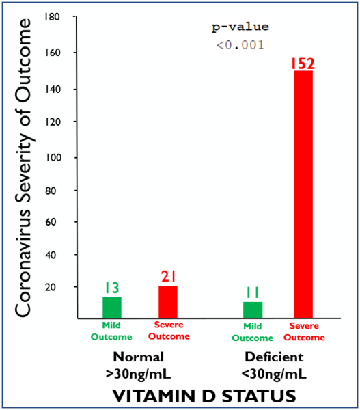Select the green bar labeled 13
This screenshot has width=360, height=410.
(x=111, y=307)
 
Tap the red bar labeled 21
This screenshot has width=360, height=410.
(x=168, y=301)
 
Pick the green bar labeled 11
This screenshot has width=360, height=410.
(x=253, y=310)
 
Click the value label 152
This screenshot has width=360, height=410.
(x=302, y=64)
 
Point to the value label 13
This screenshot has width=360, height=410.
(x=111, y=288)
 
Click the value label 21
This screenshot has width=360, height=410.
(x=168, y=277)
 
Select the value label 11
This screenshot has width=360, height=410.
(x=253, y=293)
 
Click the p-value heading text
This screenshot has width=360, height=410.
(x=240, y=28)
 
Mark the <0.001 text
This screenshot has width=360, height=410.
(x=240, y=46)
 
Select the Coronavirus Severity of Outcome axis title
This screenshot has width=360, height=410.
(x=25, y=167)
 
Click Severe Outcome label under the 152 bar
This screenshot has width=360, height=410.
(x=304, y=331)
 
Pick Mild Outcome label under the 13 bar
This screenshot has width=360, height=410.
(x=111, y=331)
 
